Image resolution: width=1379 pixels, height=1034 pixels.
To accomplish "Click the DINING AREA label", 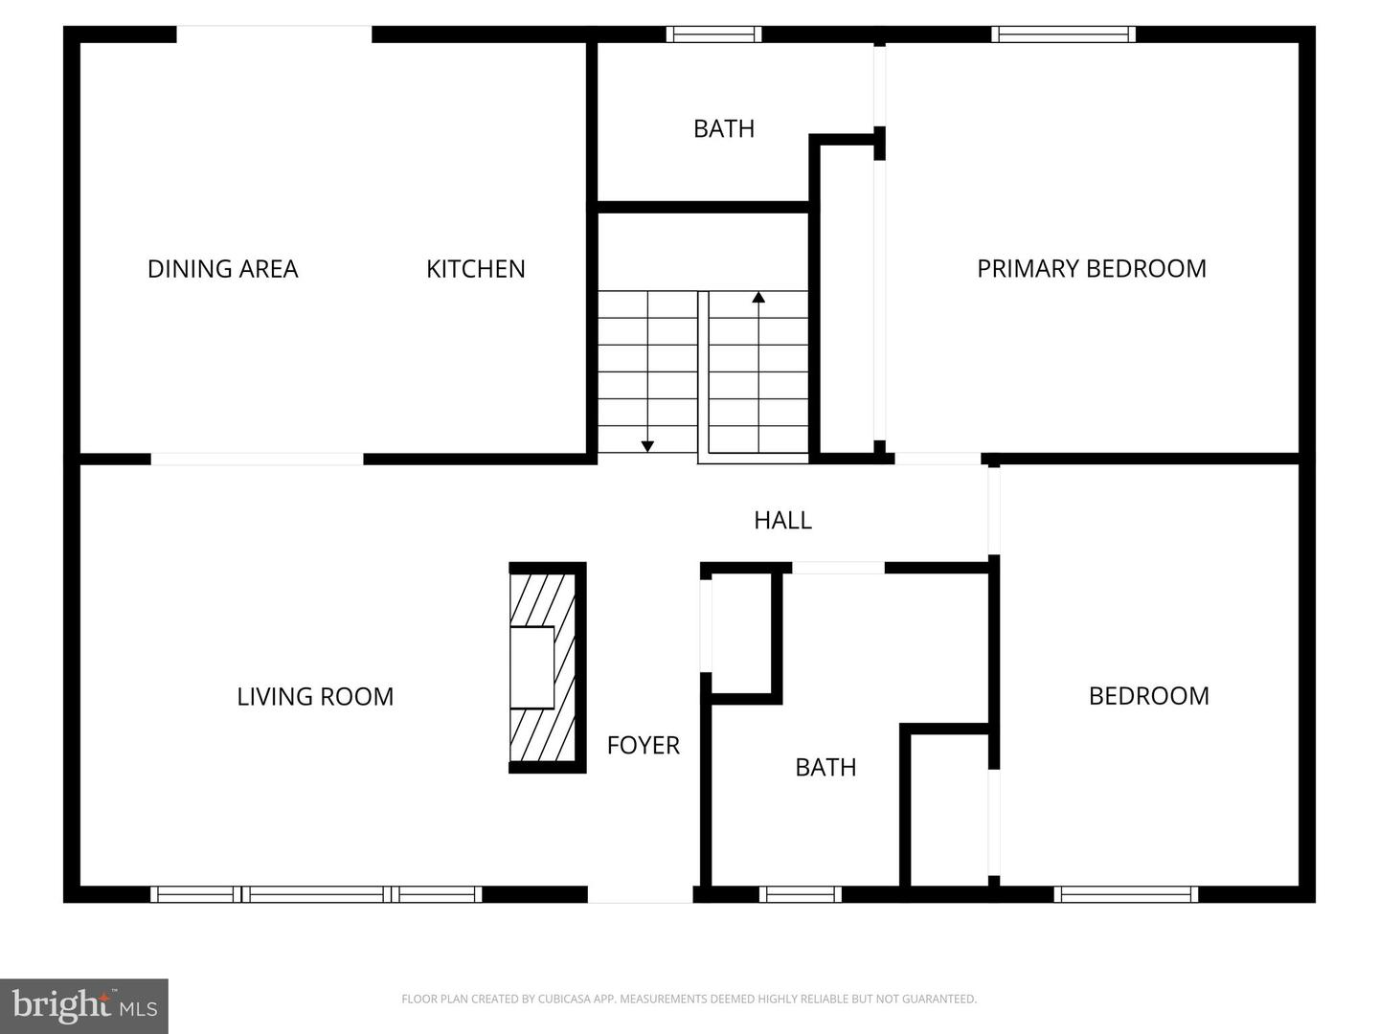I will pyautogui.click(x=222, y=269).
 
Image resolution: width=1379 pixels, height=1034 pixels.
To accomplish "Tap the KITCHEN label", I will pyautogui.click(x=475, y=269).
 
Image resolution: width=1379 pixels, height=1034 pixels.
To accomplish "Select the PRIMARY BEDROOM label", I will pyautogui.click(x=1091, y=269).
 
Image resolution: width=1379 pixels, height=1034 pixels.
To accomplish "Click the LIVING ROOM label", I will pyautogui.click(x=315, y=696).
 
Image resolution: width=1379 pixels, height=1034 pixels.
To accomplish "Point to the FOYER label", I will pyautogui.click(x=643, y=745).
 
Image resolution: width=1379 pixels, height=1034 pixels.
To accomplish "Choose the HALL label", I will pyautogui.click(x=782, y=520).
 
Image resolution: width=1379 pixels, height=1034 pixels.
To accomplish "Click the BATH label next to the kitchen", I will pyautogui.click(x=723, y=128).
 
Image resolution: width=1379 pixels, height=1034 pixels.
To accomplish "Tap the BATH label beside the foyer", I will pyautogui.click(x=825, y=767).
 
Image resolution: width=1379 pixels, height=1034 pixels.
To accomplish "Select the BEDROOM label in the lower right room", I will pyautogui.click(x=1148, y=696).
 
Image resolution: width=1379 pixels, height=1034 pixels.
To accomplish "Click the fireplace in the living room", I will pyautogui.click(x=546, y=667).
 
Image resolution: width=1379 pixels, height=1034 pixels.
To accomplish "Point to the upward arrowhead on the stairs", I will pyautogui.click(x=758, y=298).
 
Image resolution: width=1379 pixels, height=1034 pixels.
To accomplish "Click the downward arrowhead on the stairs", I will pyautogui.click(x=647, y=445).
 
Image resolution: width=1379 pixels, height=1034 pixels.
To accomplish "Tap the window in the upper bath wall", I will pyautogui.click(x=713, y=34).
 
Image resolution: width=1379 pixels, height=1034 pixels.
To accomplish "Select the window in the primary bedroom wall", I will pyautogui.click(x=1063, y=34).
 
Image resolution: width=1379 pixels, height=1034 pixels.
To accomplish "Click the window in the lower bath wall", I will pyautogui.click(x=801, y=894).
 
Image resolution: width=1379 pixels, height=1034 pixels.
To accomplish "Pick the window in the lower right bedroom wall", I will pyautogui.click(x=1125, y=894).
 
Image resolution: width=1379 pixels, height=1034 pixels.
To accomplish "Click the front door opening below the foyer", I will pyautogui.click(x=640, y=894).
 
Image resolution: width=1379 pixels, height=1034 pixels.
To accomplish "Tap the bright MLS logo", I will pyautogui.click(x=84, y=1005).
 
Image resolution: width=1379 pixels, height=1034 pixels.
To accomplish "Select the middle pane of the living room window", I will pyautogui.click(x=316, y=894).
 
